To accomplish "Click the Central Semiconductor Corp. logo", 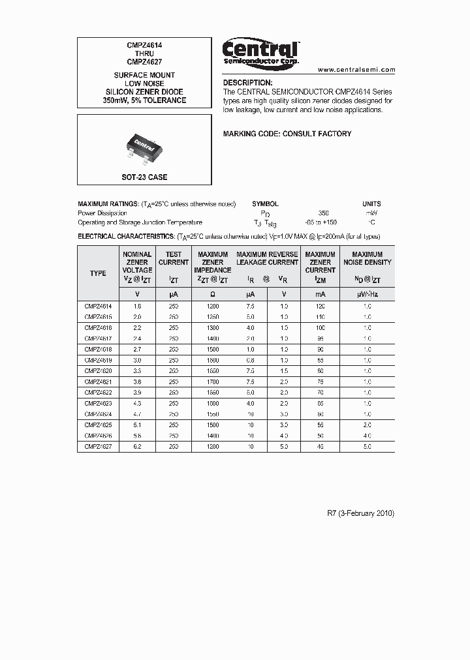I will tap(260, 53).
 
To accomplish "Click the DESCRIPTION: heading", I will tap(247, 83).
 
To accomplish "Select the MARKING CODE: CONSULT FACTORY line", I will tap(287, 134).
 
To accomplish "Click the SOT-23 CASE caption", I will tap(144, 177).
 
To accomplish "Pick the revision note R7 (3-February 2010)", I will tap(360, 513).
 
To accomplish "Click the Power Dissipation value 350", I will tap(323, 213).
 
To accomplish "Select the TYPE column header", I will tap(98, 273).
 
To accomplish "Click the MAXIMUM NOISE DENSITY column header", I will tap(368, 258).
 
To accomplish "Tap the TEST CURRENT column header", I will tap(174, 258).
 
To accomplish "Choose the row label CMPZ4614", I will tap(98, 305).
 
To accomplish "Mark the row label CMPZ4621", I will tap(98, 381).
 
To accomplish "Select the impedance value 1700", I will tap(213, 381).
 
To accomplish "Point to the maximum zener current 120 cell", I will tap(320, 305).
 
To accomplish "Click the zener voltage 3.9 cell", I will tap(137, 392).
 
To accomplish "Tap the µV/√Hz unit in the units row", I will tap(368, 294).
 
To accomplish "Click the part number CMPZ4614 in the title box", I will tap(144, 46).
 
